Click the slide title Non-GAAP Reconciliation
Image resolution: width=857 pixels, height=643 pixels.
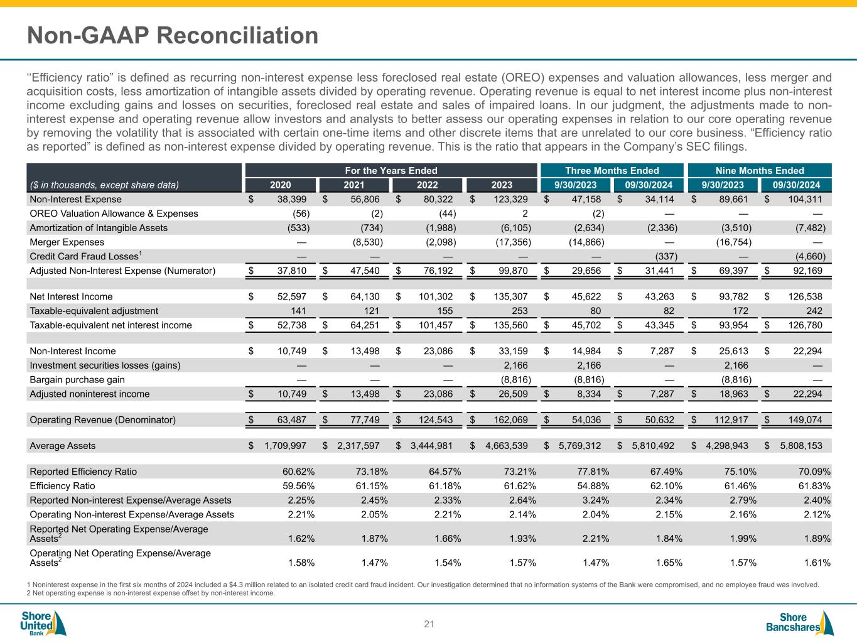(x=173, y=36)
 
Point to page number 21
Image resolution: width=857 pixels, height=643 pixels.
(x=429, y=624)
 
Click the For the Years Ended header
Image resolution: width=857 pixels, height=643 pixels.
(x=391, y=171)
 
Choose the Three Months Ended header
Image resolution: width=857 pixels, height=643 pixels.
(x=612, y=171)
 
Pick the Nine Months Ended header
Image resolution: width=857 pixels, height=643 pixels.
(x=760, y=171)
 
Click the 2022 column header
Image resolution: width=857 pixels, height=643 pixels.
(x=428, y=185)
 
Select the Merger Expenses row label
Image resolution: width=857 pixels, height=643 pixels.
(x=67, y=242)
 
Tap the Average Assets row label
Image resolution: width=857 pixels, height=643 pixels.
(x=63, y=446)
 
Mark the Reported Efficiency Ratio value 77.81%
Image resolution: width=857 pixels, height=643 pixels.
(x=591, y=472)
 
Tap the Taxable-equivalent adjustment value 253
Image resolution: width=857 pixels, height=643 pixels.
(x=519, y=311)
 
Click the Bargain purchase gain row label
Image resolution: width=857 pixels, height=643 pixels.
(x=77, y=380)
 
